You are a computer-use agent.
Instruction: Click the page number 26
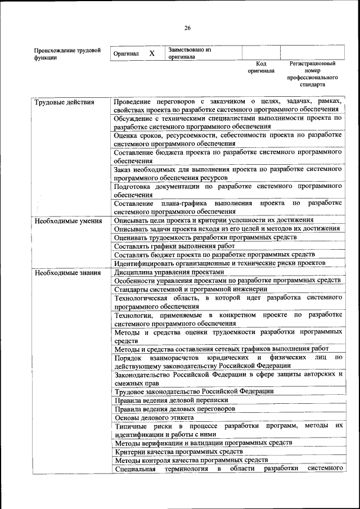click(x=187, y=28)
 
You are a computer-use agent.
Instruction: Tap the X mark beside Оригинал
click(x=152, y=53)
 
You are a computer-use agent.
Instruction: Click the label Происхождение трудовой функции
click(x=67, y=54)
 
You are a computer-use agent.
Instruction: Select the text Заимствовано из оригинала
click(x=190, y=53)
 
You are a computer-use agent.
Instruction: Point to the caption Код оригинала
click(x=261, y=67)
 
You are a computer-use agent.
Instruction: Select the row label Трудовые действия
click(x=64, y=102)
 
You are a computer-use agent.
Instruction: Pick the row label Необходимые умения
click(x=67, y=221)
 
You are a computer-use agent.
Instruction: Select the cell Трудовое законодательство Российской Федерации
click(x=194, y=391)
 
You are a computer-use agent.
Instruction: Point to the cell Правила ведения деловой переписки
click(x=164, y=400)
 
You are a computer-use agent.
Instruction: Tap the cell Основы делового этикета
click(x=154, y=417)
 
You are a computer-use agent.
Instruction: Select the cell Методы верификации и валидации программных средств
click(x=203, y=443)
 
